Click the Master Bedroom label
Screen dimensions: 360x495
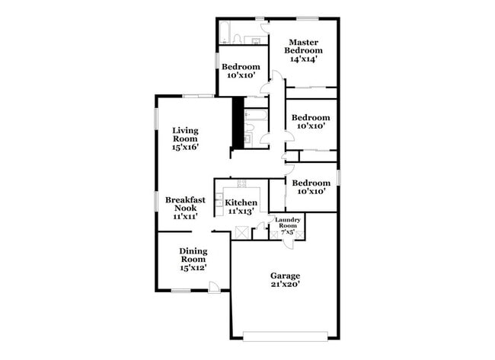(x=302, y=49)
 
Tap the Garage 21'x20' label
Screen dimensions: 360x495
(x=285, y=279)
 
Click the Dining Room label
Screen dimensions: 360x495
(x=193, y=259)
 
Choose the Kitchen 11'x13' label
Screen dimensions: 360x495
(x=241, y=206)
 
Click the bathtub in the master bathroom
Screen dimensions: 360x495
(x=226, y=33)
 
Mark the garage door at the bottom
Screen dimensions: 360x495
(x=285, y=333)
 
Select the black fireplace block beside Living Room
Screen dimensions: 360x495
(x=238, y=123)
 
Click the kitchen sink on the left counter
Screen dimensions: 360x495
(x=219, y=202)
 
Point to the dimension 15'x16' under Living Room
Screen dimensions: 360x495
(x=185, y=148)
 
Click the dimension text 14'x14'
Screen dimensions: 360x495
(x=302, y=58)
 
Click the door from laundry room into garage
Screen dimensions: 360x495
(x=290, y=243)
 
